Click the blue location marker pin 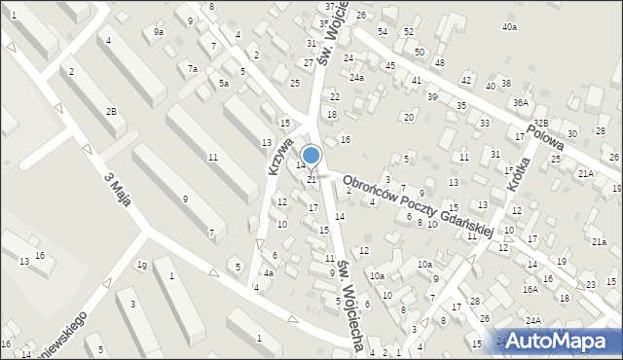pyautogui.click(x=311, y=156)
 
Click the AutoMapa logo pyautogui.click(x=562, y=341)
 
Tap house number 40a pyautogui.click(x=509, y=27)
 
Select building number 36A pyautogui.click(x=521, y=102)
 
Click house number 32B pyautogui.click(x=540, y=123)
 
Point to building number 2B pyautogui.click(x=111, y=112)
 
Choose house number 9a pyautogui.click(x=159, y=32)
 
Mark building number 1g pyautogui.click(x=141, y=265)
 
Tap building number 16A pyautogui.click(x=530, y=289)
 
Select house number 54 pyautogui.click(x=383, y=32)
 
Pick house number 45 pyautogui.click(x=389, y=65)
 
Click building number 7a pyautogui.click(x=193, y=68)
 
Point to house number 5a pyautogui.click(x=223, y=84)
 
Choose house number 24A pyautogui.click(x=533, y=320)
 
